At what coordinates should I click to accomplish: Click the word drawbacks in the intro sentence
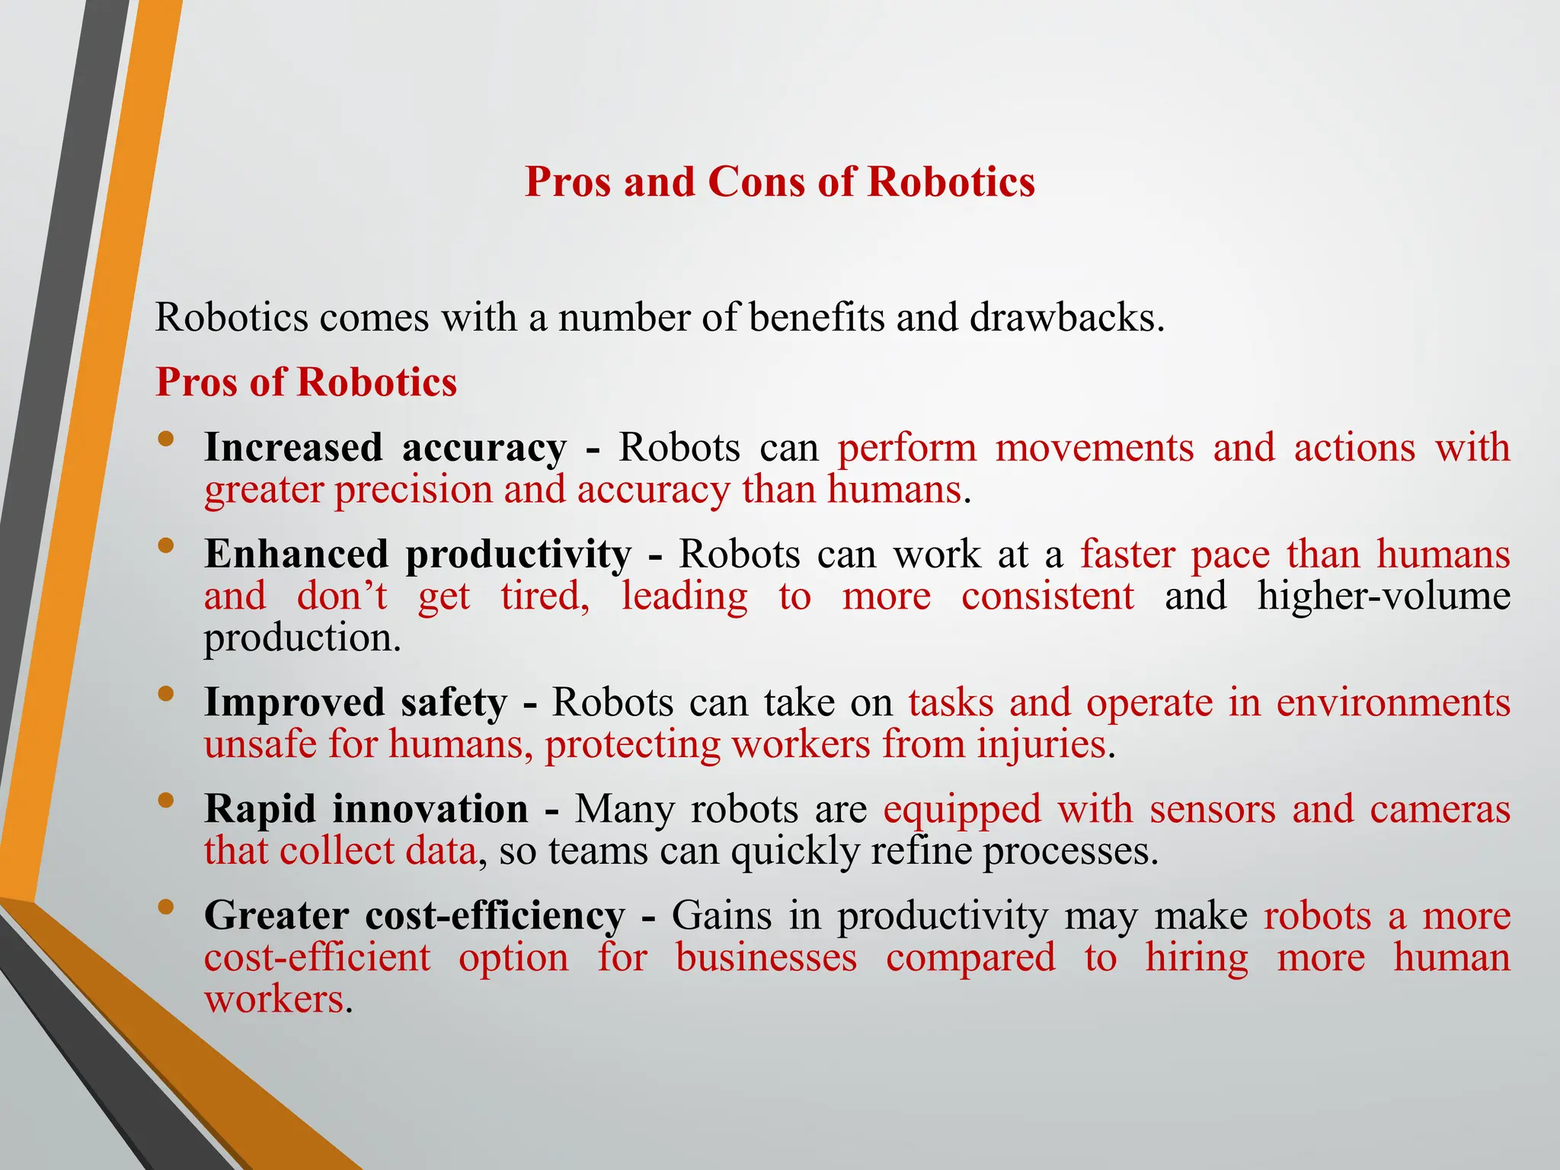tap(1066, 317)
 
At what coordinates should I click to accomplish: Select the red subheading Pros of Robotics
tap(306, 382)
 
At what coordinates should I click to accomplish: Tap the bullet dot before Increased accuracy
tap(167, 440)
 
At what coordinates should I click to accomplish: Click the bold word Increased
tap(293, 447)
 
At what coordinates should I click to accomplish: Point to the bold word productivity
tap(518, 555)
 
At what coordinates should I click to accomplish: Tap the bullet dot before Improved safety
tap(167, 694)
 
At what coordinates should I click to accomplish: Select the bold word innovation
tap(430, 809)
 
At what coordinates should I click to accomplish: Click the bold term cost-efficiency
tap(495, 916)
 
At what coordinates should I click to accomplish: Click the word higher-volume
tap(1383, 596)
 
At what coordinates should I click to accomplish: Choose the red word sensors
tap(1212, 809)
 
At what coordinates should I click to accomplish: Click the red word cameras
tap(1440, 809)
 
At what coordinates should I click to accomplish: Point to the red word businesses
tap(766, 957)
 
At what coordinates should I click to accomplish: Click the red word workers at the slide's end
tap(274, 999)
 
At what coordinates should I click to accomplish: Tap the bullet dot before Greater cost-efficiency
tap(167, 907)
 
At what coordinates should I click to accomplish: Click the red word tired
tap(544, 596)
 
